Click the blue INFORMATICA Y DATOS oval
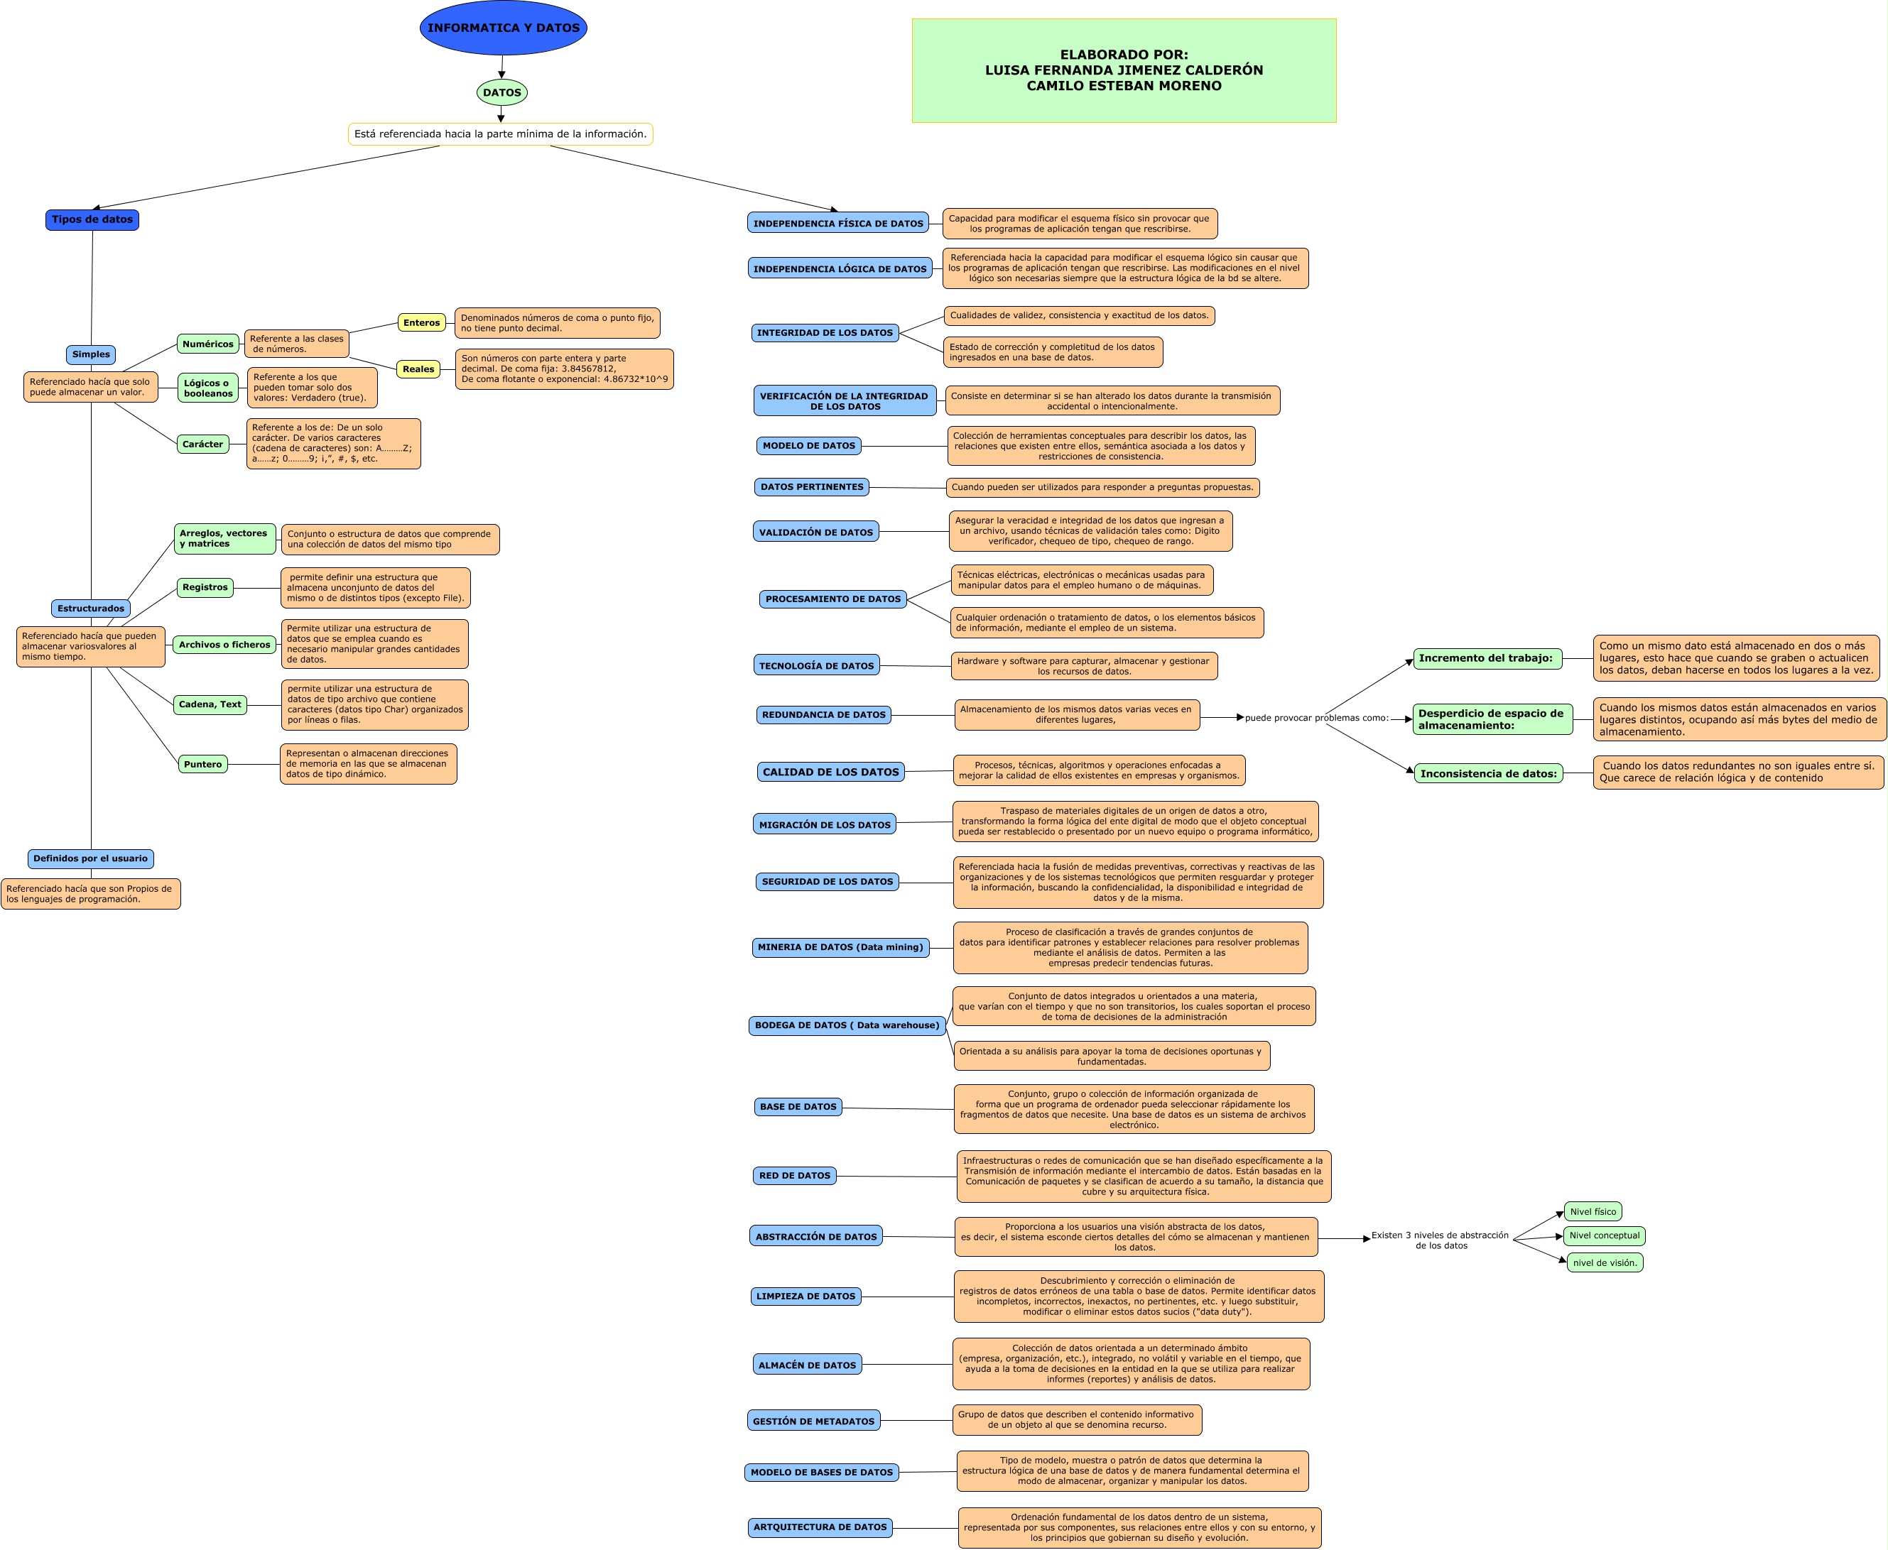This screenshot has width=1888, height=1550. click(x=503, y=28)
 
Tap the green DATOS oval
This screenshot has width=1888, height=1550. click(x=502, y=92)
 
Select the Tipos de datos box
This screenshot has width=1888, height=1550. click(x=92, y=219)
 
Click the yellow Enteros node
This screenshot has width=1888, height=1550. click(x=421, y=322)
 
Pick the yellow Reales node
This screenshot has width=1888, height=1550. click(x=418, y=369)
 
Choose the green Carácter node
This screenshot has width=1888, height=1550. click(x=202, y=444)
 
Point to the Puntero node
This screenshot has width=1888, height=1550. click(x=202, y=764)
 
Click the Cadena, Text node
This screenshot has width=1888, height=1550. click(x=210, y=704)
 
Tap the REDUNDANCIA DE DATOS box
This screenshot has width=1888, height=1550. click(x=823, y=714)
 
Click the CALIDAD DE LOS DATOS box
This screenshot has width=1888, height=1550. click(x=830, y=771)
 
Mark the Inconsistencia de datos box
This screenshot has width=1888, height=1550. click(x=1488, y=773)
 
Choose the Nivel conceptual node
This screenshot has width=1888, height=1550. click(x=1604, y=1235)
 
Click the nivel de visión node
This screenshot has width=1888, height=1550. click(x=1605, y=1262)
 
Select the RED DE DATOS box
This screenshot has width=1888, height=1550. click(x=795, y=1175)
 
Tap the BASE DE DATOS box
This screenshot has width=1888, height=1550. click(x=798, y=1106)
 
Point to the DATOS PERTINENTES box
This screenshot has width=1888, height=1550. click(x=812, y=486)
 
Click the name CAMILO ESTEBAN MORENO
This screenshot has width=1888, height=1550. click(x=1124, y=86)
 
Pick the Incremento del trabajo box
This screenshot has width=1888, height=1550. click(x=1487, y=658)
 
